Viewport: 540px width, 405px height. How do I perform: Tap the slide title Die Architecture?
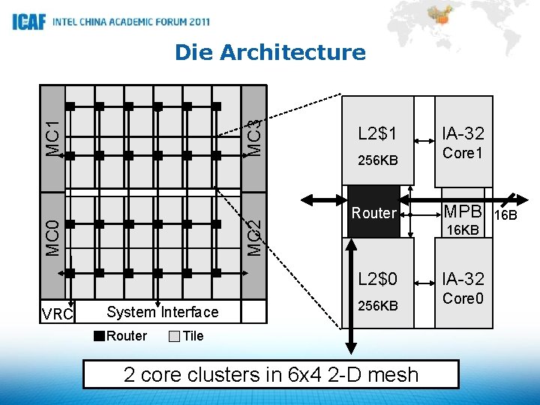point(270,52)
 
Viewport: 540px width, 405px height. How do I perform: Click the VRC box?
point(58,313)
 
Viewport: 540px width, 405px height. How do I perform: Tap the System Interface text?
point(163,312)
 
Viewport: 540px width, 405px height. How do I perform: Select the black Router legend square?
point(100,336)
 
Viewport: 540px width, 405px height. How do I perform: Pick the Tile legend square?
point(174,336)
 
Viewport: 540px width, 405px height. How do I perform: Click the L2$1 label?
point(377,134)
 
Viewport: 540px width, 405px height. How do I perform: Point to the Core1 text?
point(463,154)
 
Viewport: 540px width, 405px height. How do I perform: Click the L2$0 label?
point(377,279)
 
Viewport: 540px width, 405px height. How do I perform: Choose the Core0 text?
point(463,298)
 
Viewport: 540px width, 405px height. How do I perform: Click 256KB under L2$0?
point(377,306)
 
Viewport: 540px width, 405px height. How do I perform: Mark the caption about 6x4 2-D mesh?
point(270,374)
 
